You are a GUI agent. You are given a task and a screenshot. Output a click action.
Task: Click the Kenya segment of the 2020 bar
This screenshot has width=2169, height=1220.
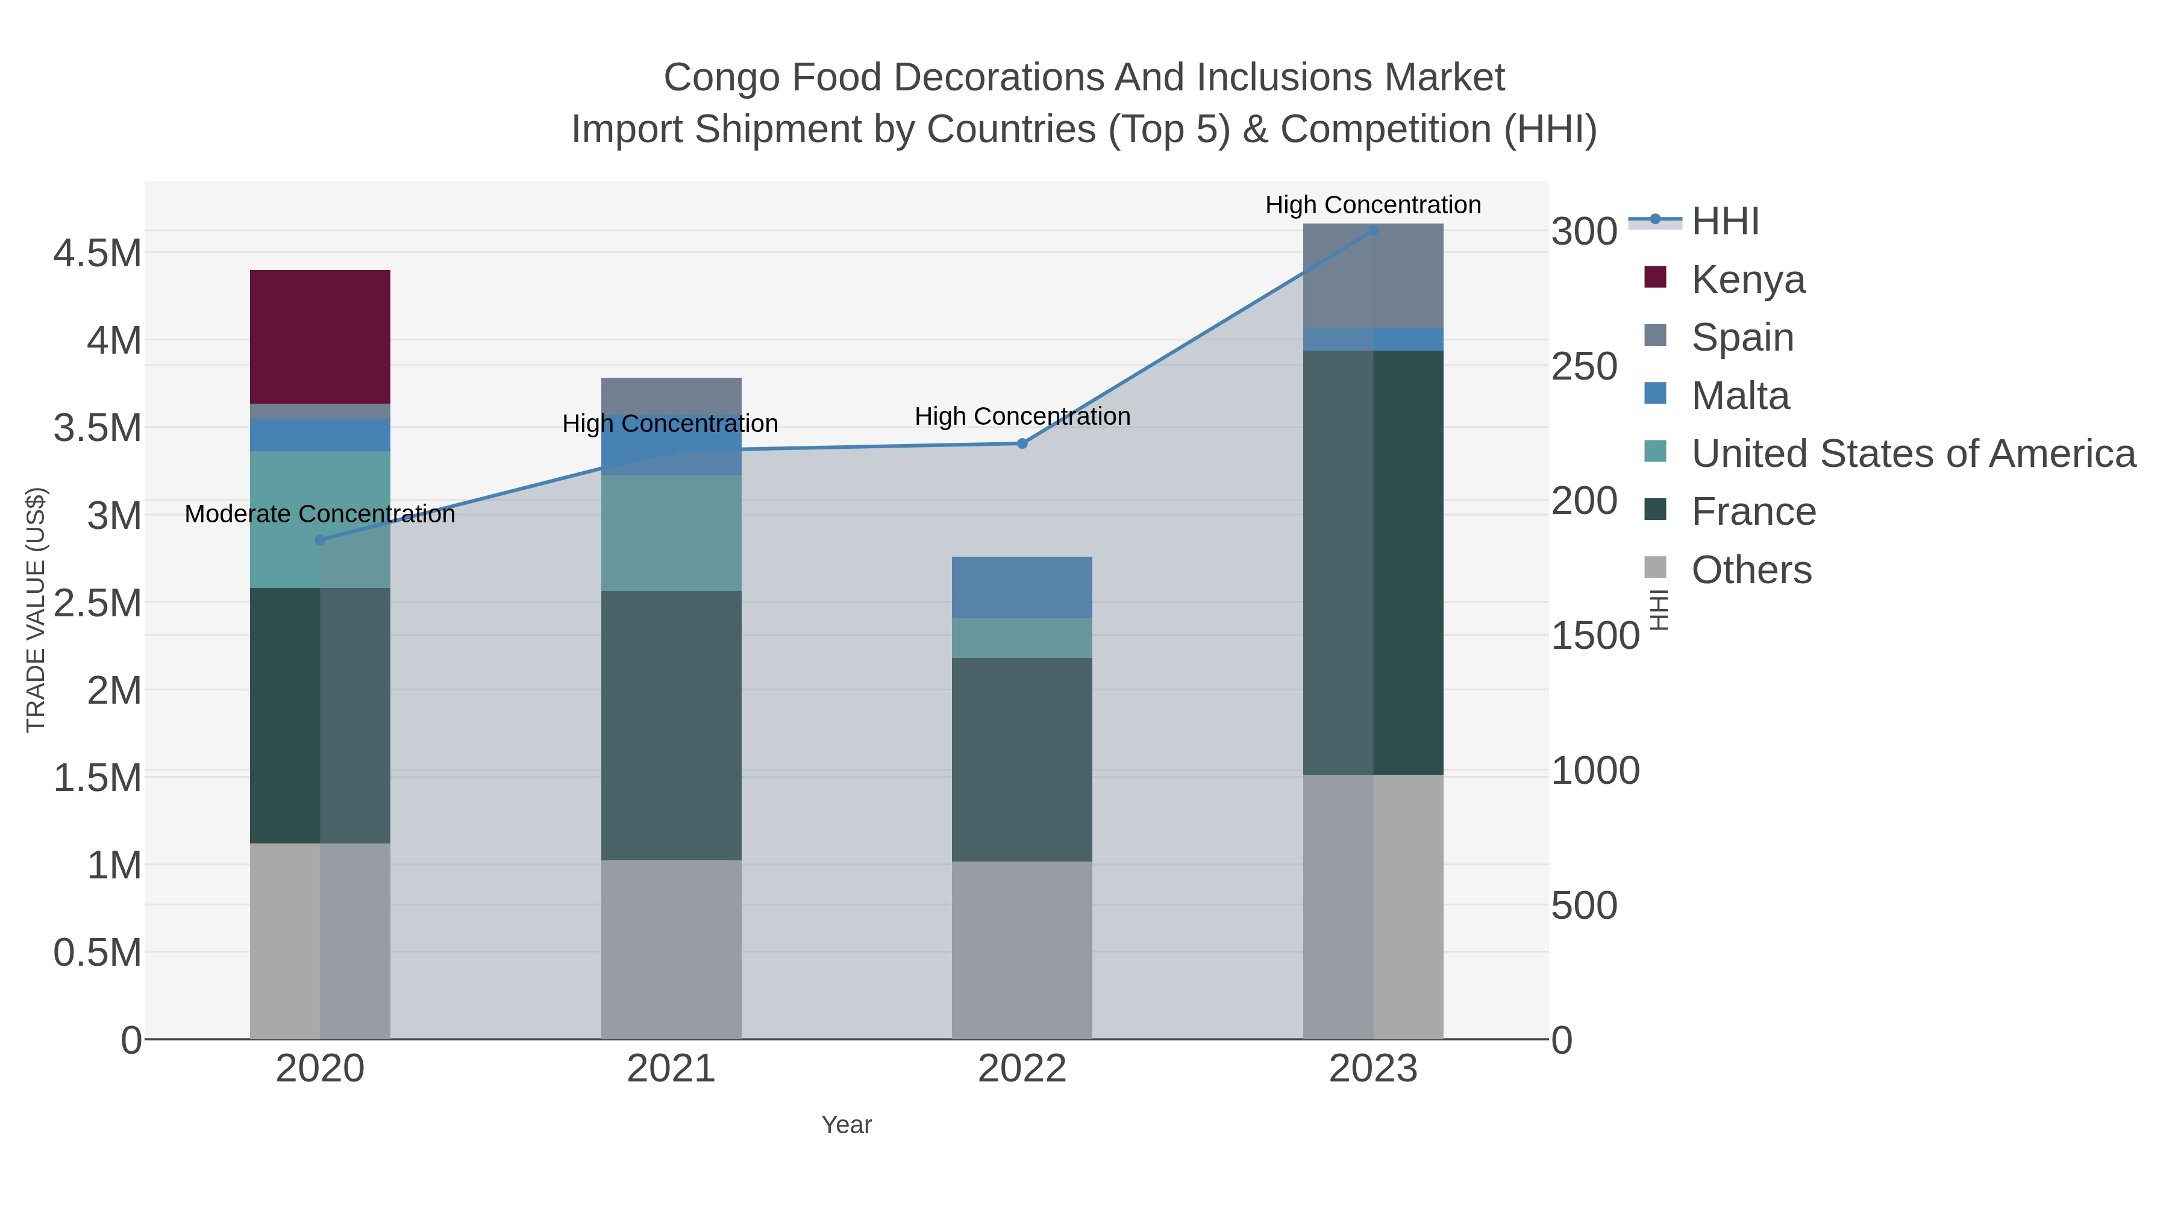click(320, 336)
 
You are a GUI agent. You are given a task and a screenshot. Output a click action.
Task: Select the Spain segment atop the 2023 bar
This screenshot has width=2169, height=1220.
click(1372, 275)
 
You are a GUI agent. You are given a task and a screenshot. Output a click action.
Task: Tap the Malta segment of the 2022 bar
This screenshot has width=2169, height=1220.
click(1021, 587)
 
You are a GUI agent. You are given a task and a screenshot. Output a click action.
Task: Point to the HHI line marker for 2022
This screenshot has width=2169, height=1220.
click(1022, 443)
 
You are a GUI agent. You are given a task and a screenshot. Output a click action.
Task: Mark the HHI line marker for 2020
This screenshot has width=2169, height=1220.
click(320, 540)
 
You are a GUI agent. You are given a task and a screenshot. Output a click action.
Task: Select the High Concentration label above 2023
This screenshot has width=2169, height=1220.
click(1372, 205)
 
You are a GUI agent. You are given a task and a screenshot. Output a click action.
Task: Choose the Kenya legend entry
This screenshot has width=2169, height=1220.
click(1747, 279)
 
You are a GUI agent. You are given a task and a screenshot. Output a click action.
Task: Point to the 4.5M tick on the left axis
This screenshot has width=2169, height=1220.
click(98, 252)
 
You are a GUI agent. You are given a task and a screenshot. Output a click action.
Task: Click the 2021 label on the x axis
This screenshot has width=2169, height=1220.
click(671, 1068)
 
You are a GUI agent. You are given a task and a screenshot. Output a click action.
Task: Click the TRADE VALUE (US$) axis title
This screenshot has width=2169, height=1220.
click(36, 610)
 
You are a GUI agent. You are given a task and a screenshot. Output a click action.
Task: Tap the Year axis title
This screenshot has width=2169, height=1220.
click(847, 1124)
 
